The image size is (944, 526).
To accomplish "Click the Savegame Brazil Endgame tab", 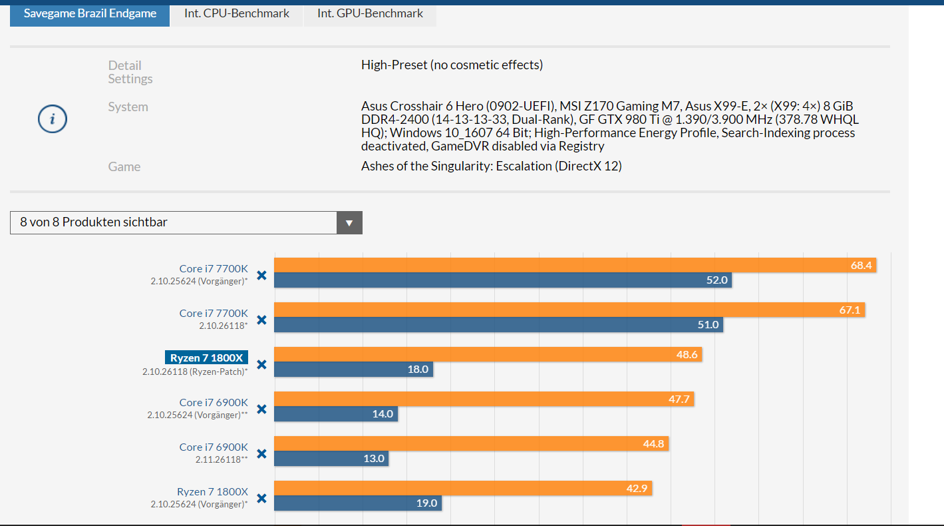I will coord(90,13).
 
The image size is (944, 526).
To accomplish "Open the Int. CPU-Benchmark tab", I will coord(237,13).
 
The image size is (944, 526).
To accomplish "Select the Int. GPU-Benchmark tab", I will coord(370,13).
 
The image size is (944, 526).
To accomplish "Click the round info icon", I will coord(52,119).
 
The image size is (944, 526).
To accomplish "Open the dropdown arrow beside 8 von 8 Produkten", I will coord(349,222).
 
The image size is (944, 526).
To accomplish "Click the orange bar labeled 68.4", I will coord(575,265).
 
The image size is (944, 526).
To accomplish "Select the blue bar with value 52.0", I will coord(502,280).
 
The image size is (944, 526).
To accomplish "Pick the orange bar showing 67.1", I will coord(569,310).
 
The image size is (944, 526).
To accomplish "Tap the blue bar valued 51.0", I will coord(498,325).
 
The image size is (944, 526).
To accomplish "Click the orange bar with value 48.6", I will coord(488,354).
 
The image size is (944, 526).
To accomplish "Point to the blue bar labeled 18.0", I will coord(353,369).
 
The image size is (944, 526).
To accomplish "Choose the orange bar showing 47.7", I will coord(484,399).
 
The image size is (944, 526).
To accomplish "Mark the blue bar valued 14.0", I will coord(336,413).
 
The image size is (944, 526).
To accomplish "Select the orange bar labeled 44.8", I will coord(471,443).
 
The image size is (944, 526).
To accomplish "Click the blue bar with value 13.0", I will coord(331,458).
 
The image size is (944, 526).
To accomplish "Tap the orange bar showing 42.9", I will coord(462,488).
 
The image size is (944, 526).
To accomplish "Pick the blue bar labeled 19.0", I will coord(357,503).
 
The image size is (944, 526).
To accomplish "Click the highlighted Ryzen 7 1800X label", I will coord(206,358).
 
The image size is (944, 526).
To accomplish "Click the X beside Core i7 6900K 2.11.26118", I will coord(261,453).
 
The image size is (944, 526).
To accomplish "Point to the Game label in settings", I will coord(124,166).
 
